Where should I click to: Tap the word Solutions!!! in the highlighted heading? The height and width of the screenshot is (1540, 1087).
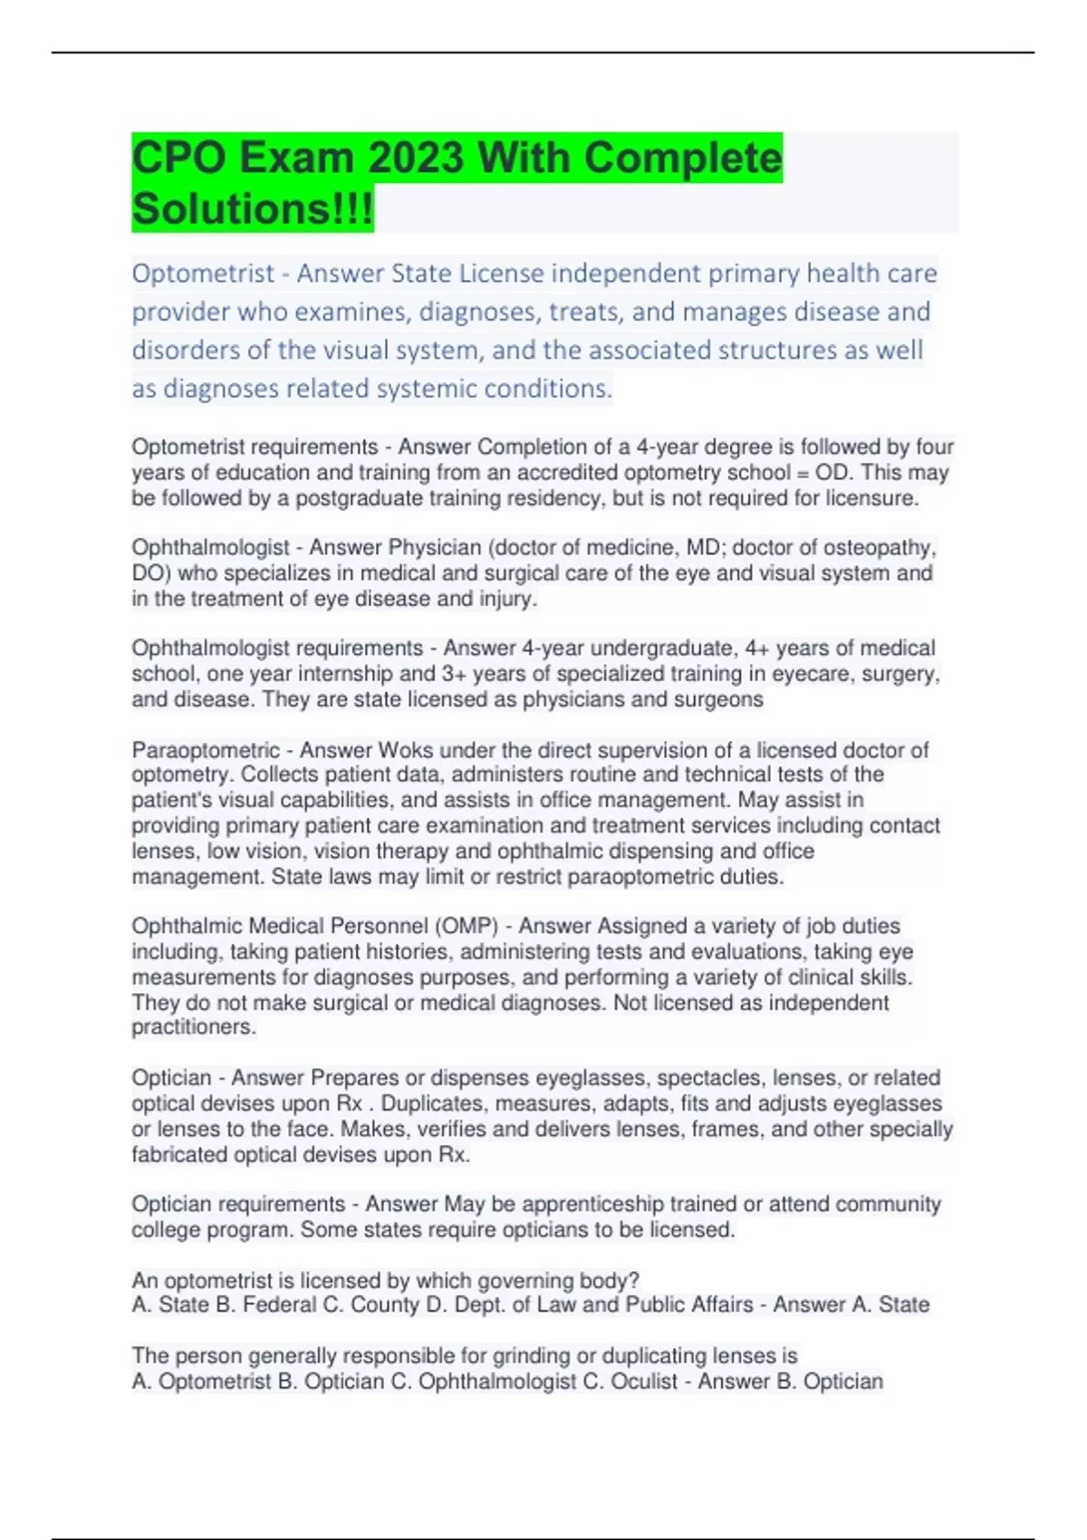click(252, 209)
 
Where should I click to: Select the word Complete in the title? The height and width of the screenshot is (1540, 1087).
click(682, 159)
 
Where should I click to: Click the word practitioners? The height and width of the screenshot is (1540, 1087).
click(193, 1027)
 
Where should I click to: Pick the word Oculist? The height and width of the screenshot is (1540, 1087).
click(644, 1381)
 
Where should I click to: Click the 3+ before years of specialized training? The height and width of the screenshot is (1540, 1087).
click(454, 674)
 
